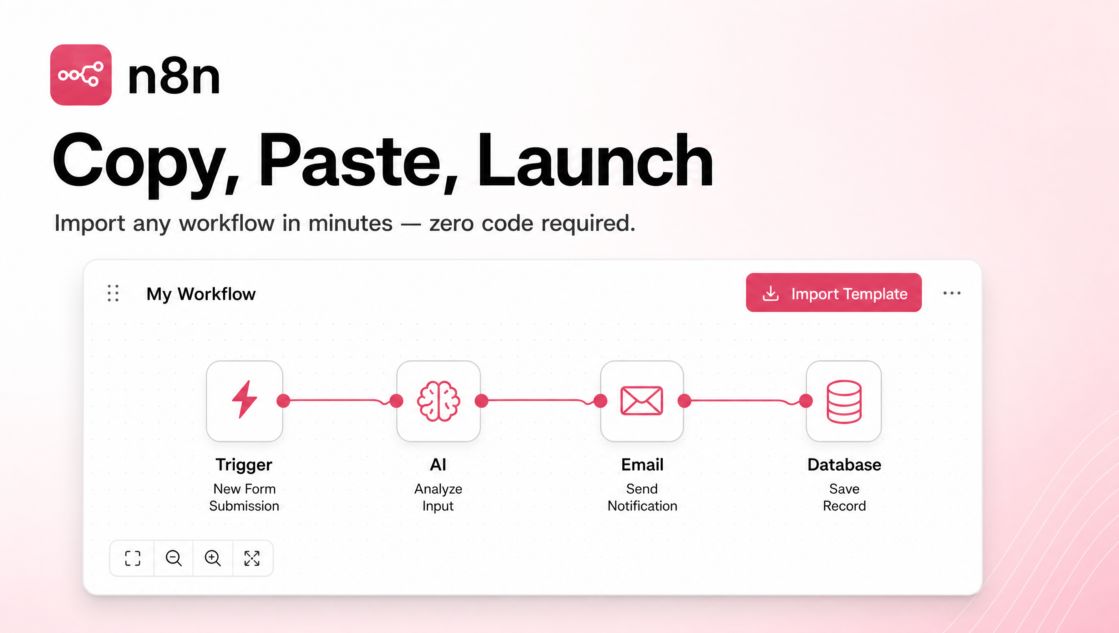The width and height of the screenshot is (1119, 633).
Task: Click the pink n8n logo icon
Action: tap(81, 75)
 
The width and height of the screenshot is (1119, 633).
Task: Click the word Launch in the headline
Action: tap(595, 160)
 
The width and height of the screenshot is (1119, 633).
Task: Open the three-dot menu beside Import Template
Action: tap(952, 293)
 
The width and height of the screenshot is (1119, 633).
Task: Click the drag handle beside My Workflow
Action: tap(113, 293)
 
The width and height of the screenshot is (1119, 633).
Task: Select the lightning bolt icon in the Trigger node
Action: tap(245, 399)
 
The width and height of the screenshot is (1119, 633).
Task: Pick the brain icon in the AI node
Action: tap(438, 401)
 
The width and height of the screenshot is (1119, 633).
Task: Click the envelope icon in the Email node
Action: tap(642, 400)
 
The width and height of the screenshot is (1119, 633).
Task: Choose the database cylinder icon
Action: tap(844, 401)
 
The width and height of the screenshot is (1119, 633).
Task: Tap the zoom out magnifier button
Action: tap(174, 558)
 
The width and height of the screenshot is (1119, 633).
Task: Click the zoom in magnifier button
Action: tap(212, 558)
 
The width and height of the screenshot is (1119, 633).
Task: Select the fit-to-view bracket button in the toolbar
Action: tap(132, 558)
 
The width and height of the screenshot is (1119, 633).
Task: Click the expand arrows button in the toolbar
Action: tap(252, 558)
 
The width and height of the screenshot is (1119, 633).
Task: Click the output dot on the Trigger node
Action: tap(283, 400)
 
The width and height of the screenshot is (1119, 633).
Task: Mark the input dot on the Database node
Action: tap(806, 400)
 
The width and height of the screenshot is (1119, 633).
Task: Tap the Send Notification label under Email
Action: tap(642, 497)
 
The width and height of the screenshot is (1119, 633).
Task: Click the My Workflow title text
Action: tap(201, 294)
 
